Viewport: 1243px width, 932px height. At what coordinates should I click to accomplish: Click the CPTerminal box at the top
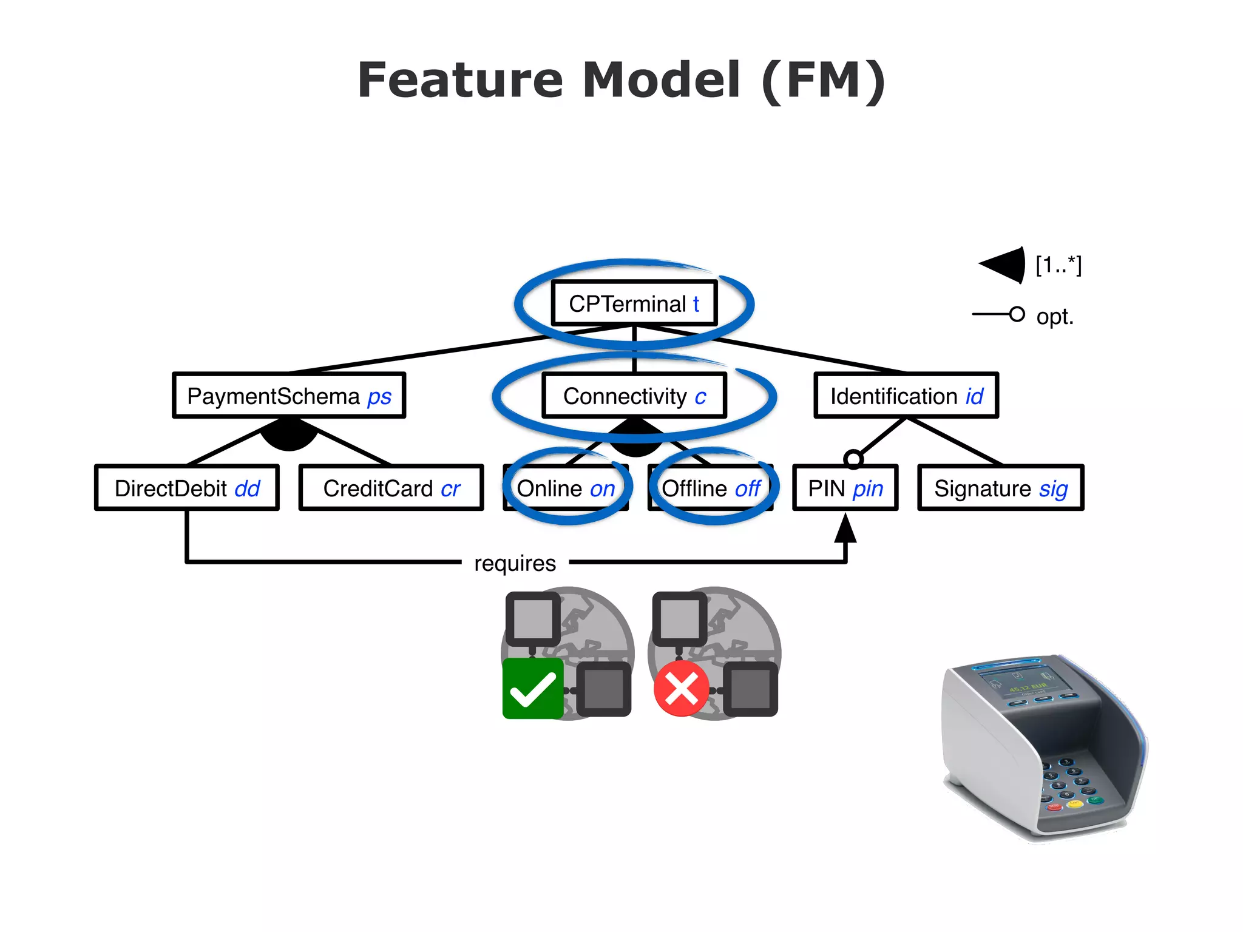634,303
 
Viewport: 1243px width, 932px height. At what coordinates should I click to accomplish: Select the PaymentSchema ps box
289,396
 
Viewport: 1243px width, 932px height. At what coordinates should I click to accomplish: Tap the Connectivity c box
634,396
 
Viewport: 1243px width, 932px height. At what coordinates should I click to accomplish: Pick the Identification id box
906,396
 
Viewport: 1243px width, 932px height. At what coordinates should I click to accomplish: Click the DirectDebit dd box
187,488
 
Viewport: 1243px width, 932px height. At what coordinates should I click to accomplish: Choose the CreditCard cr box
391,488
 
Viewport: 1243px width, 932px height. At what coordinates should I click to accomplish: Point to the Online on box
566,488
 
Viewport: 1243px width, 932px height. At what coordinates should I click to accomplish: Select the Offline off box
711,488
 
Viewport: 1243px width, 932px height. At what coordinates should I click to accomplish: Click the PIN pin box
845,488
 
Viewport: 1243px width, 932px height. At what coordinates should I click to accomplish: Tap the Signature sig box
1000,488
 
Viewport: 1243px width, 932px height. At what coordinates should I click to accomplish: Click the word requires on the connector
515,563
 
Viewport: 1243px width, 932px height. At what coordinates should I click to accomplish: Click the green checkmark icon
533,689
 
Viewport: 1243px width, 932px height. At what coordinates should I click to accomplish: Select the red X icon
681,689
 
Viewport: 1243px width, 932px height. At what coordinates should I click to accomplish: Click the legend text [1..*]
1058,265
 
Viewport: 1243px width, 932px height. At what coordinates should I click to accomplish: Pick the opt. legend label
1055,317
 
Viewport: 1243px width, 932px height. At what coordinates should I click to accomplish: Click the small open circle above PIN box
853,459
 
